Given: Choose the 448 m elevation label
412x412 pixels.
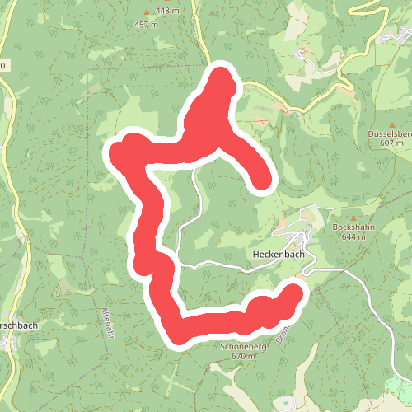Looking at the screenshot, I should point(166,11).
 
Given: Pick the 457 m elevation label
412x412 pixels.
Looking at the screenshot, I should point(147,24).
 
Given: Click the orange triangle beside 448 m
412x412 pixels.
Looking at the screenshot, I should point(148,12).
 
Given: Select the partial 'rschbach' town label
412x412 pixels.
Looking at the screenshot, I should point(18,325).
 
